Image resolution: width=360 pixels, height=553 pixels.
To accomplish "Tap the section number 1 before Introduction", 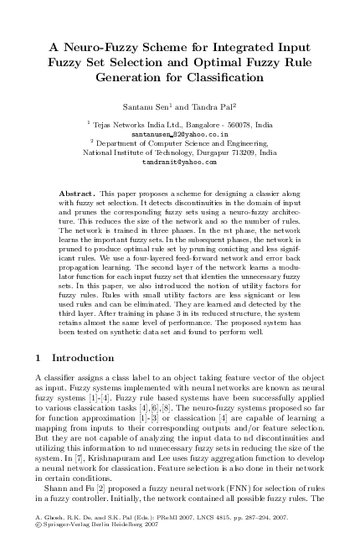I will pos(39,357).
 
